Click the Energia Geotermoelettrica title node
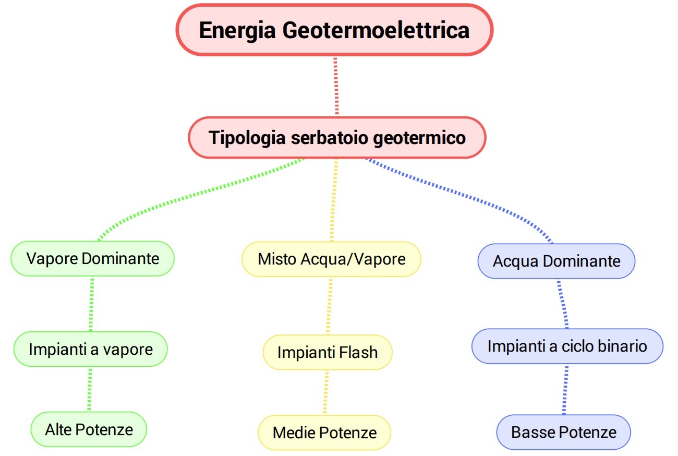[334, 30]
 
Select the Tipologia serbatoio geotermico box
[337, 137]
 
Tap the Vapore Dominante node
[93, 259]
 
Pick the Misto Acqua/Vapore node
[331, 259]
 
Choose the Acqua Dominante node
[556, 261]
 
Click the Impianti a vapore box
[91, 349]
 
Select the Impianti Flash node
[328, 352]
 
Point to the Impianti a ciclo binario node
[567, 346]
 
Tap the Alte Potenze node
[89, 429]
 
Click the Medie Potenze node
[324, 433]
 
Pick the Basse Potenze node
[564, 432]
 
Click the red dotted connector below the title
[336, 86]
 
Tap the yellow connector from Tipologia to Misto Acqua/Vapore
[334, 200]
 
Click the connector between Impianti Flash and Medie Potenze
[325, 392]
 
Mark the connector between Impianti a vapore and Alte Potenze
[90, 389]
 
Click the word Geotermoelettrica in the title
[376, 31]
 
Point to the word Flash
[358, 352]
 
